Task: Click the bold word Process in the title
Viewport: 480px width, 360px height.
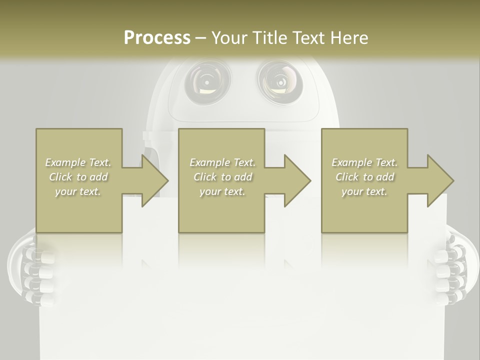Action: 156,37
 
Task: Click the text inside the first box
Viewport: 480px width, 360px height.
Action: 78,177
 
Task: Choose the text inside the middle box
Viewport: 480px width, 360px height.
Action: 222,177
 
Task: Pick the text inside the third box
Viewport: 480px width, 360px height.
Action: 364,177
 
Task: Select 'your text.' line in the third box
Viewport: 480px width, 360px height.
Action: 364,191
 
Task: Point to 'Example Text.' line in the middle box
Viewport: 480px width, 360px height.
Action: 222,162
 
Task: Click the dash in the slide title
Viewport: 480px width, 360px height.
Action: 200,38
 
